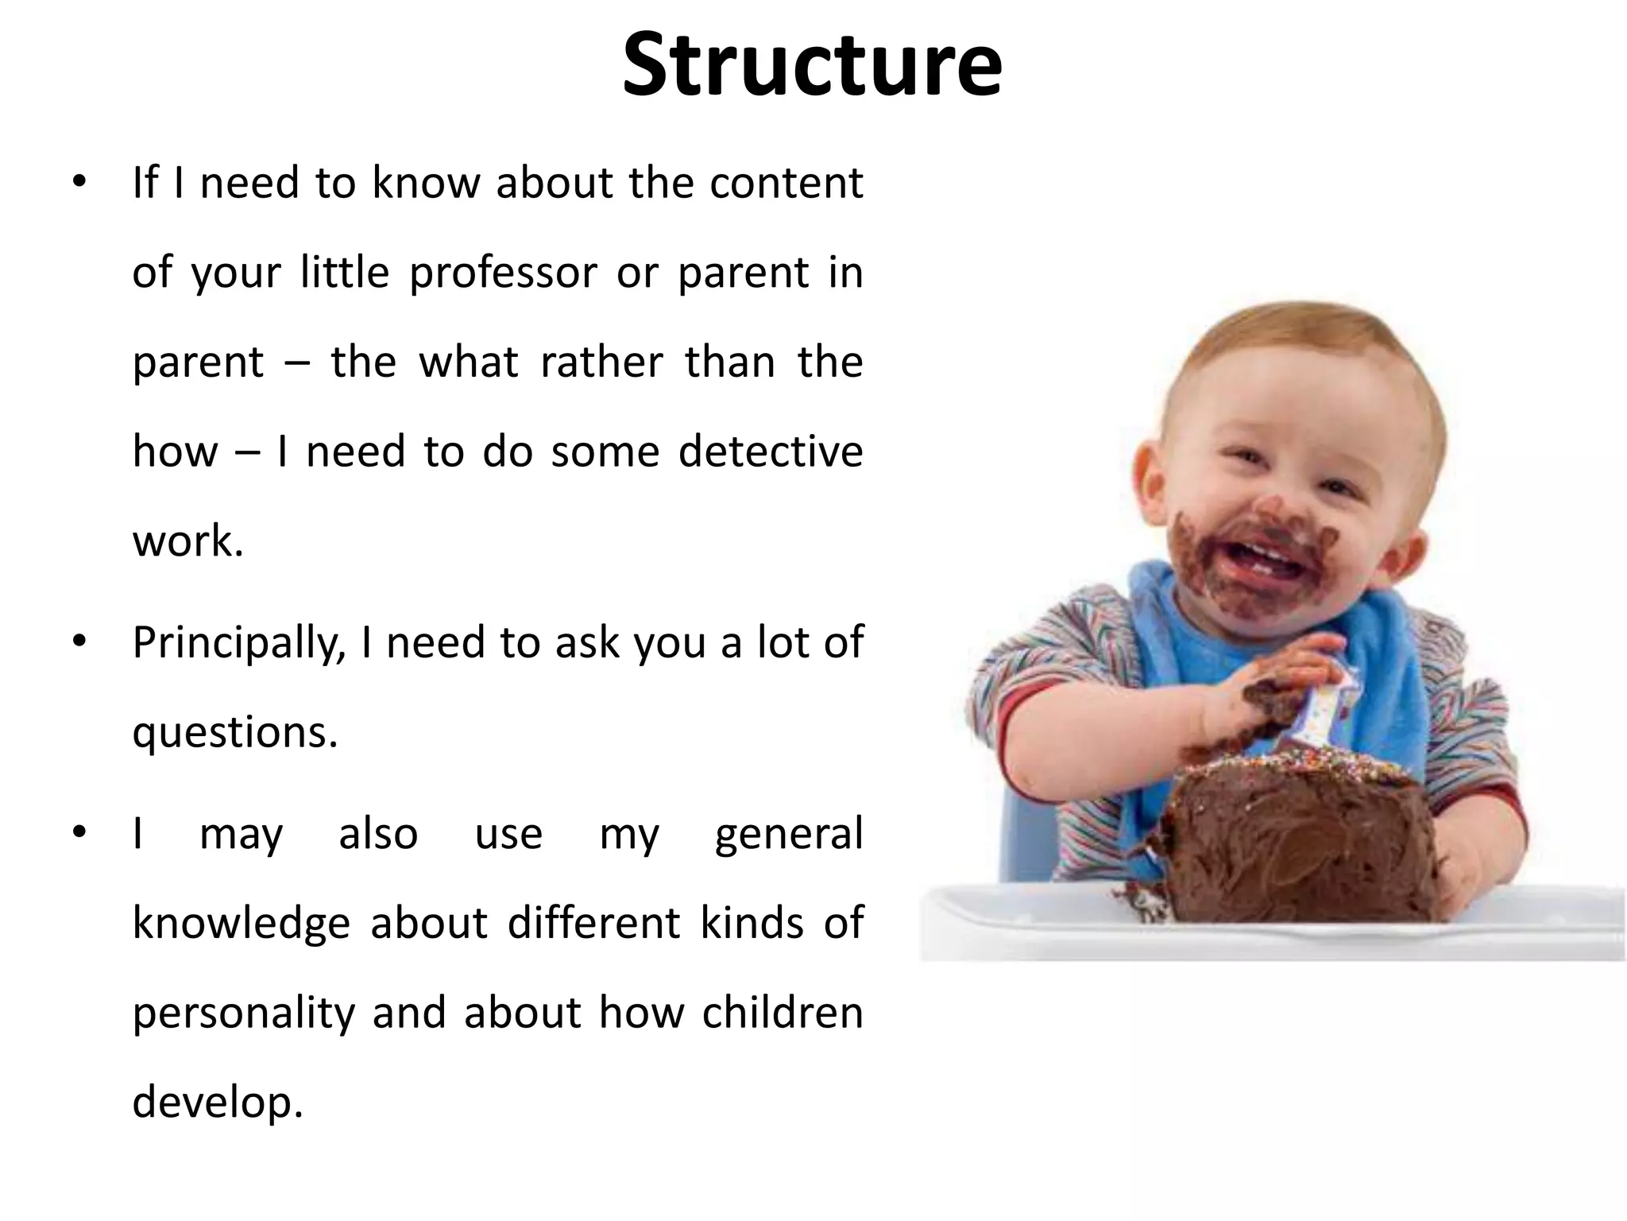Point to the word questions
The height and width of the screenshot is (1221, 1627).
click(234, 733)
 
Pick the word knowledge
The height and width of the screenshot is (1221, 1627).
click(241, 924)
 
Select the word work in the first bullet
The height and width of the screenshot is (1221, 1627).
click(187, 541)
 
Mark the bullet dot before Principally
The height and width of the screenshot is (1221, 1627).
click(78, 641)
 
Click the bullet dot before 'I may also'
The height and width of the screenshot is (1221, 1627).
click(78, 832)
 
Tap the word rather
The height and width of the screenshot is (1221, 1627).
click(601, 362)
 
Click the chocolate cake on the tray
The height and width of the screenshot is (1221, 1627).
click(1303, 843)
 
